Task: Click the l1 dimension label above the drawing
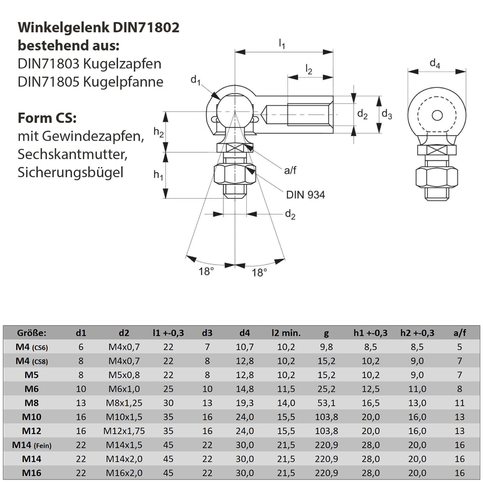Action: [282, 44]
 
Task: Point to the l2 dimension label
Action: [309, 70]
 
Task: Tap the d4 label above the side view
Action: [435, 64]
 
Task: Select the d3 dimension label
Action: [387, 114]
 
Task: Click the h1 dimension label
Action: [158, 175]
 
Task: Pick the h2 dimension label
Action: [158, 132]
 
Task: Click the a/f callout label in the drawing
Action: [290, 171]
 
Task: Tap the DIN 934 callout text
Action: [305, 195]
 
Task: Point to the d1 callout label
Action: [196, 80]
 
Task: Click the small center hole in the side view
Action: [437, 115]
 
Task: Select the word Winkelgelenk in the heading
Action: [64, 27]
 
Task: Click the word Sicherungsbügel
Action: [71, 172]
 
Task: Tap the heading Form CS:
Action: [47, 118]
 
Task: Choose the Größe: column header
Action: [32, 333]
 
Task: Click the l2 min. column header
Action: [286, 333]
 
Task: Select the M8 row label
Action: [32, 403]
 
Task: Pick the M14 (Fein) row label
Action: [32, 445]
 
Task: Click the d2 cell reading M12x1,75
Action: [124, 431]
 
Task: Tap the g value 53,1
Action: [326, 403]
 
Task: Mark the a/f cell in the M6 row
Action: [459, 389]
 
